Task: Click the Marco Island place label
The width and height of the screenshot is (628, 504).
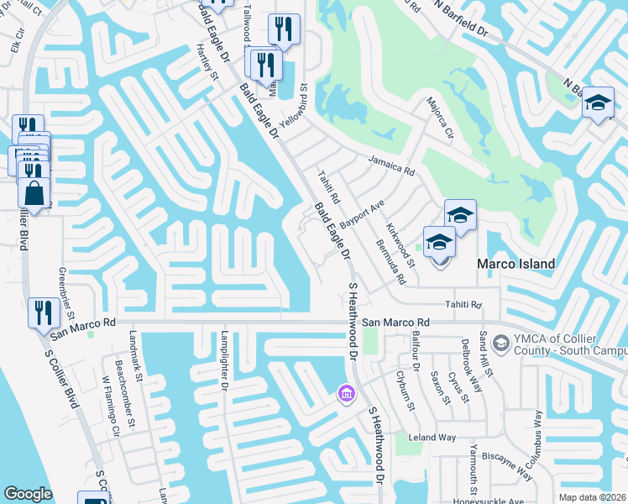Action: click(x=515, y=264)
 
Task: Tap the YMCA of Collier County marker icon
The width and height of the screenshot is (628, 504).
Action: click(x=500, y=343)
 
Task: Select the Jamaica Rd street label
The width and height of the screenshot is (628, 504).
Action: click(x=391, y=165)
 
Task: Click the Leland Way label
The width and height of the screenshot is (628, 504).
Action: click(x=432, y=438)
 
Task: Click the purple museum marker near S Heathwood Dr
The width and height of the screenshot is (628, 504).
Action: click(x=344, y=392)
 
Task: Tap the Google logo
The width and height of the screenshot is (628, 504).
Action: click(x=28, y=494)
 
